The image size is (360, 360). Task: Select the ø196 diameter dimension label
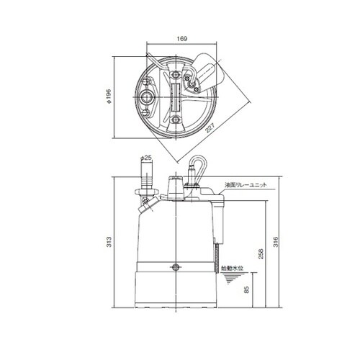(x=107, y=95)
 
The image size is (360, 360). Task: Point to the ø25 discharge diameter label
(x=145, y=157)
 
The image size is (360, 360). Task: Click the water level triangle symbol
(x=230, y=278)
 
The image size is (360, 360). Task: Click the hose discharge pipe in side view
(x=147, y=176)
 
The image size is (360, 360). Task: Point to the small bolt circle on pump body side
(x=176, y=267)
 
